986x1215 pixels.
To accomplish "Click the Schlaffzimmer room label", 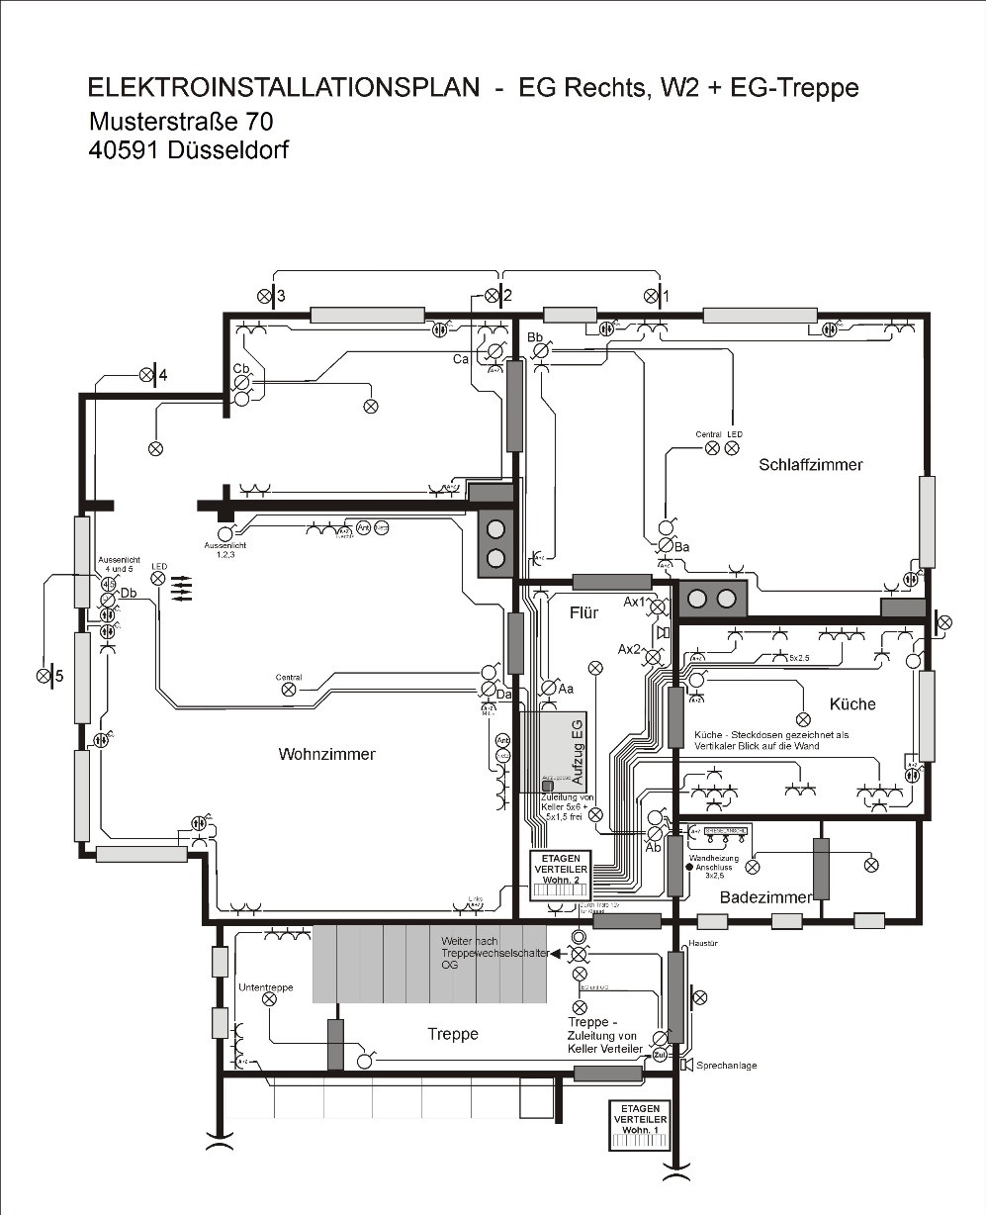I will pyautogui.click(x=811, y=464).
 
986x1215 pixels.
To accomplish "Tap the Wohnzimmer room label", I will pyautogui.click(x=326, y=754).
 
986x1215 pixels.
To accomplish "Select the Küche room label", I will pyautogui.click(x=852, y=703).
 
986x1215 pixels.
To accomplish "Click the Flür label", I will pyautogui.click(x=583, y=612).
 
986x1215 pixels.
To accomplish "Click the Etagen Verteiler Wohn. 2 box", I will pyautogui.click(x=561, y=875).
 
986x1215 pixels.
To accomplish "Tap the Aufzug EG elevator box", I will pyautogui.click(x=563, y=751).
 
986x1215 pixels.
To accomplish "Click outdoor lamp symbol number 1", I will pyautogui.click(x=651, y=295).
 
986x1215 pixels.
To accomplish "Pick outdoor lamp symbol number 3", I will pyautogui.click(x=265, y=295).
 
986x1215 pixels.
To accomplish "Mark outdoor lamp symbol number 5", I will pyautogui.click(x=44, y=676).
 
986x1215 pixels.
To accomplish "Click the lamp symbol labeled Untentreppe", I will pyautogui.click(x=269, y=999).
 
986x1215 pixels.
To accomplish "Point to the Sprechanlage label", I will pyautogui.click(x=727, y=1066).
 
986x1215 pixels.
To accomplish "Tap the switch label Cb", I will pyautogui.click(x=240, y=368).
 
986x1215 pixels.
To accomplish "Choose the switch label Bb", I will pyautogui.click(x=536, y=337).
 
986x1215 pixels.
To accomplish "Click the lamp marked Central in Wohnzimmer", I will pyautogui.click(x=289, y=690).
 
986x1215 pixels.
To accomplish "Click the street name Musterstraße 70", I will pyautogui.click(x=181, y=121).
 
